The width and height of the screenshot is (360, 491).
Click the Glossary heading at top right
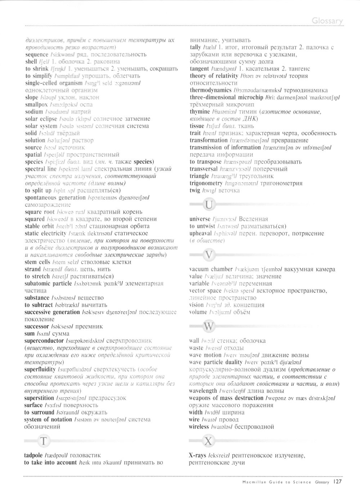click(327, 21)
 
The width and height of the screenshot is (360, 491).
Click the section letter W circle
click(209, 327)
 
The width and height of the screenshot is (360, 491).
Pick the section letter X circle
click(208, 441)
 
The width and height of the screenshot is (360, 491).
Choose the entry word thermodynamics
click(211, 90)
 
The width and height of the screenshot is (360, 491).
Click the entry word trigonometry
click(206, 183)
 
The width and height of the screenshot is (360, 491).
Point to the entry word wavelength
click(203, 391)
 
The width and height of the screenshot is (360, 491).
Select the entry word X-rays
click(198, 456)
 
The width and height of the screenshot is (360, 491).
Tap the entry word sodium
click(34, 112)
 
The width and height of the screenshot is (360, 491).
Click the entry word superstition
click(39, 398)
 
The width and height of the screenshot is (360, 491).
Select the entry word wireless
click(199, 427)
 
